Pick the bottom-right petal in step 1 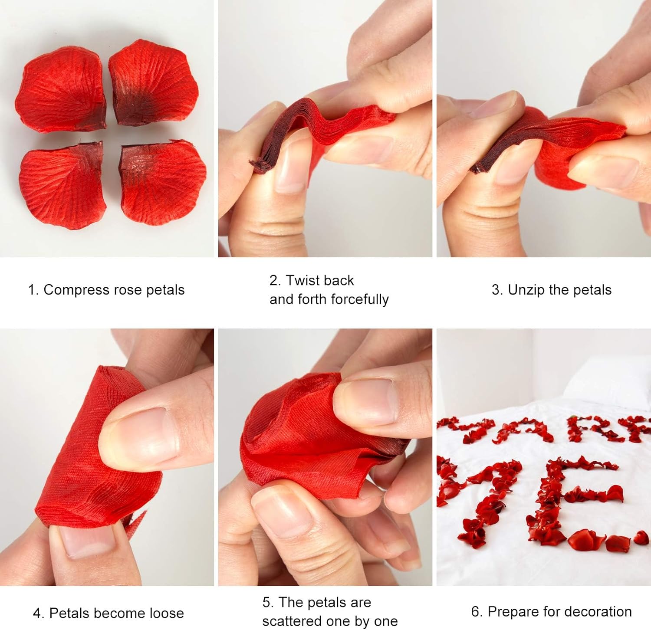coord(160,182)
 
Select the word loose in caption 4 coord(167,613)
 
